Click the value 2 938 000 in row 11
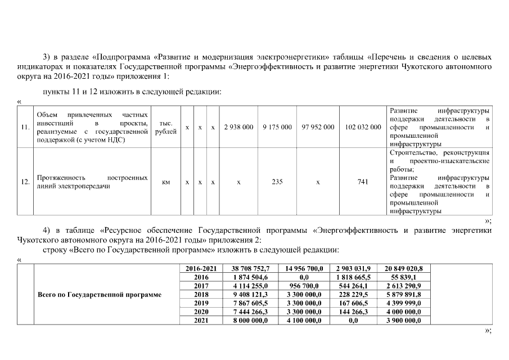(238, 127)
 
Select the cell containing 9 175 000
(277, 127)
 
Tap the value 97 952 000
(318, 127)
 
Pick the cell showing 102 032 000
(363, 127)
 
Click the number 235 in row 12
(277, 182)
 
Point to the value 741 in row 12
(363, 182)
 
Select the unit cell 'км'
(166, 182)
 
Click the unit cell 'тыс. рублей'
(166, 127)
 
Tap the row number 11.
(25, 127)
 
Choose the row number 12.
(25, 182)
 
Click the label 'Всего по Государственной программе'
(99, 294)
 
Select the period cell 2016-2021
(201, 269)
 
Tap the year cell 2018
(201, 294)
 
